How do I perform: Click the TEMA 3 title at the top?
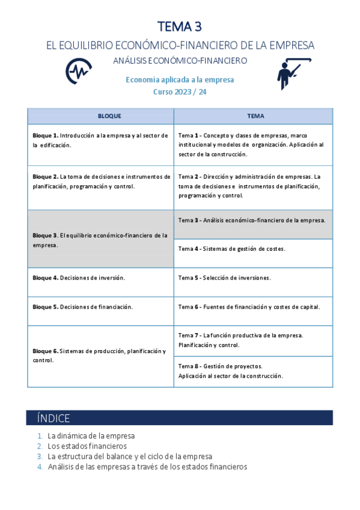tap(180, 26)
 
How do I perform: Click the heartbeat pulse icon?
tap(78, 70)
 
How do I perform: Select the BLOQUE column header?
tap(100, 116)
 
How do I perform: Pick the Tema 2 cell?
tap(253, 186)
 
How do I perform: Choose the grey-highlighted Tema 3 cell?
tap(253, 220)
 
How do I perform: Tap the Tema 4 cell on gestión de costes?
tap(253, 248)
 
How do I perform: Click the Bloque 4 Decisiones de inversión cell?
tap(100, 278)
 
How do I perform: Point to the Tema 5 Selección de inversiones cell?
tap(253, 278)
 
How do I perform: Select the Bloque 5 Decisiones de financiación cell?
tap(100, 307)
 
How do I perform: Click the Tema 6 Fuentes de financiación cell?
tap(253, 307)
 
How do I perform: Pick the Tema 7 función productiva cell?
tap(253, 340)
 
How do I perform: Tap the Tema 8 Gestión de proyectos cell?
tap(253, 371)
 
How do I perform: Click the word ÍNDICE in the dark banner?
tap(53, 419)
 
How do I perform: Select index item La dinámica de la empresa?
tap(91, 435)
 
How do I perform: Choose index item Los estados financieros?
tap(87, 446)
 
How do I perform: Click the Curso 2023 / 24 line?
tap(180, 91)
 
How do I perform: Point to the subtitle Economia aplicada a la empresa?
tap(180, 80)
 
